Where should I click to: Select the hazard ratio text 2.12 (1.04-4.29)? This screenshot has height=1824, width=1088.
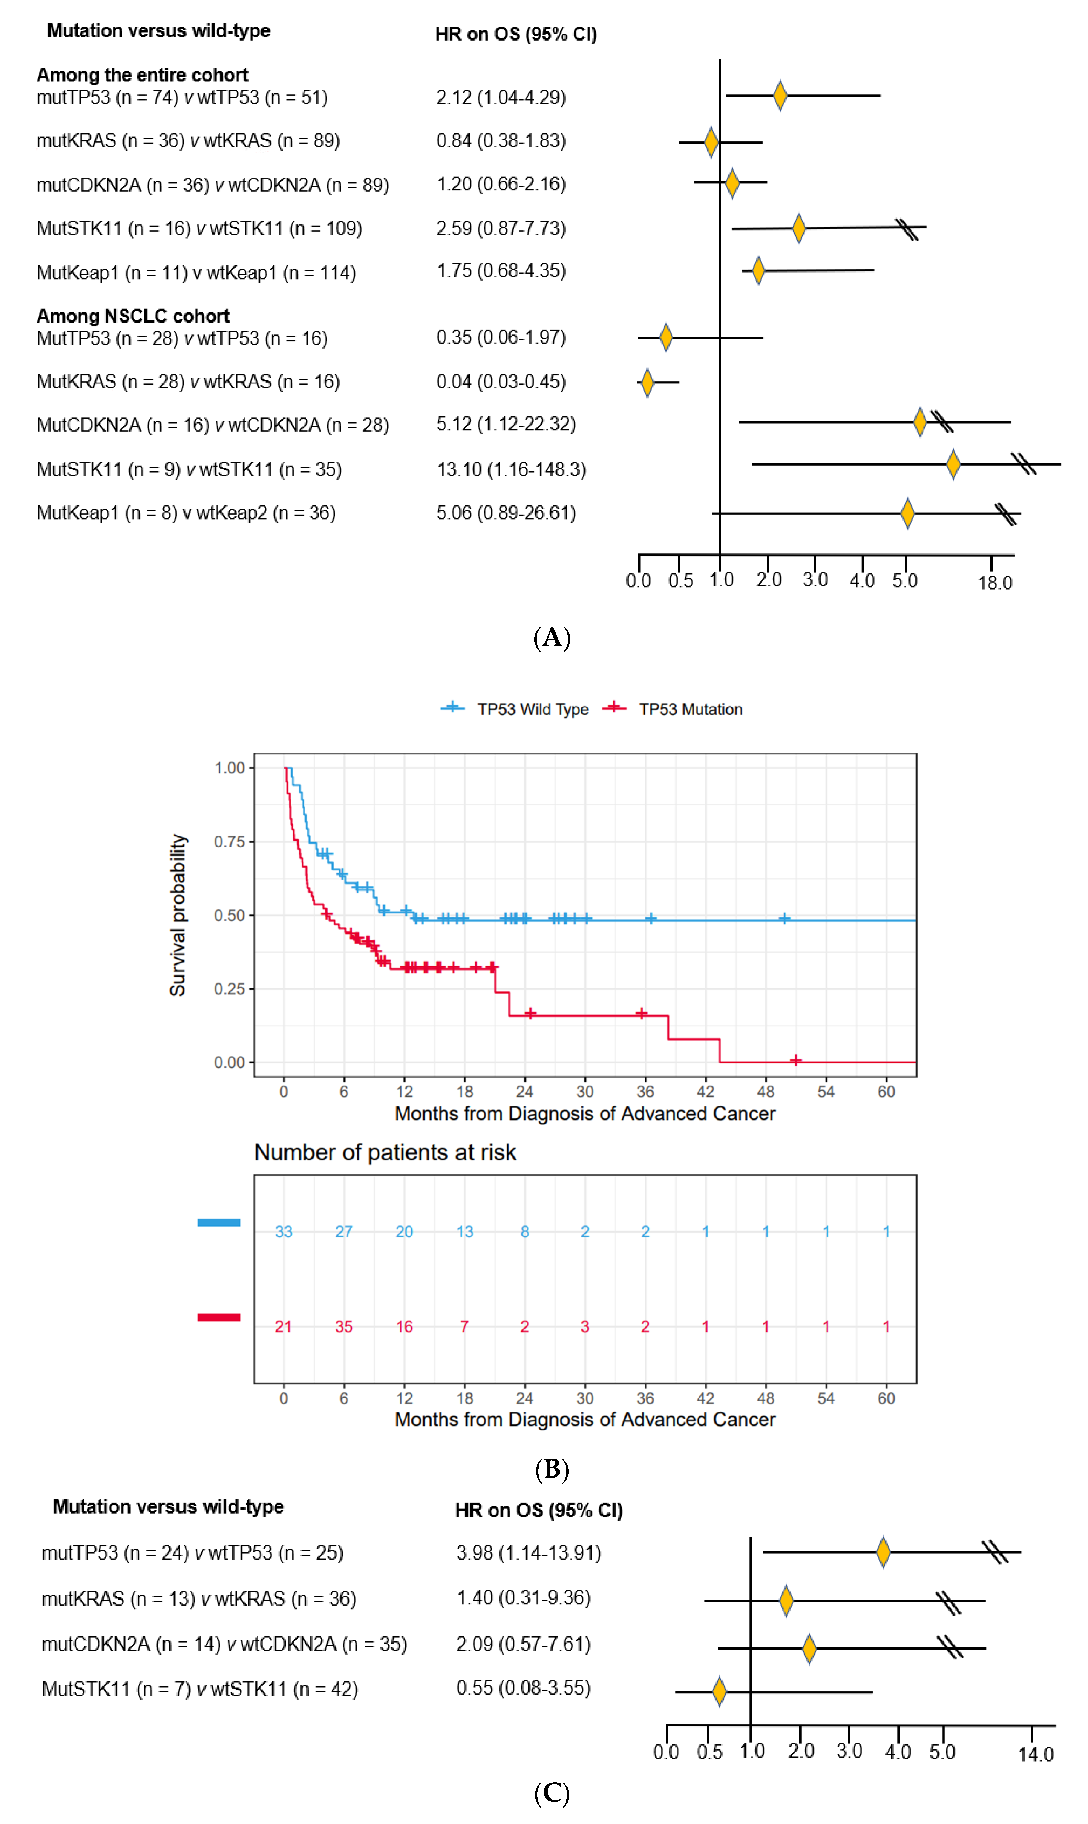click(x=501, y=98)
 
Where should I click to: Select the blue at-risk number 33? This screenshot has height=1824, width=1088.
click(x=284, y=1232)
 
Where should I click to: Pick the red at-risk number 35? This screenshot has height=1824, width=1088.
click(x=344, y=1327)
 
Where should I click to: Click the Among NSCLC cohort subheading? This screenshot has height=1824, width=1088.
click(x=133, y=316)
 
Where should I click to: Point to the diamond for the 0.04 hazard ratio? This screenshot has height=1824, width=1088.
click(x=647, y=382)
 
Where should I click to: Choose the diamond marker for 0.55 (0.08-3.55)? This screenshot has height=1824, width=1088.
click(x=719, y=1691)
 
